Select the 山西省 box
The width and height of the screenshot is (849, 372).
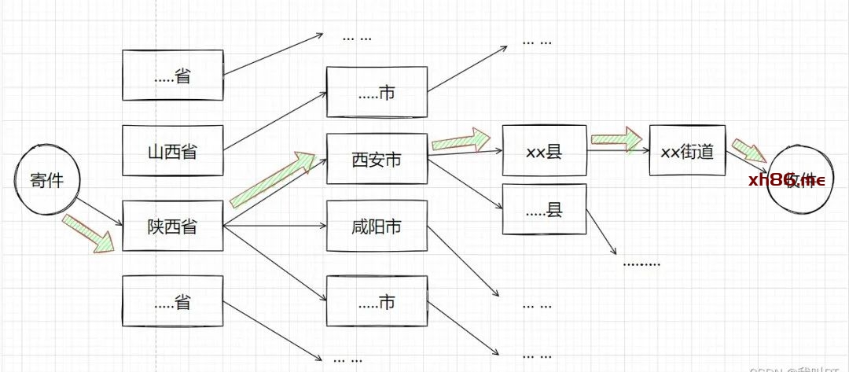click(x=173, y=150)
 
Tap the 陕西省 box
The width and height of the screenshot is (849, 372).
click(x=173, y=227)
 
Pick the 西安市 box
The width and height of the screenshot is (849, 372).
click(x=377, y=159)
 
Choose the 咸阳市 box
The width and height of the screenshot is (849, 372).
click(x=377, y=227)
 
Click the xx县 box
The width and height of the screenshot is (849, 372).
click(x=544, y=151)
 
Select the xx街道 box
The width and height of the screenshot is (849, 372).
click(x=687, y=150)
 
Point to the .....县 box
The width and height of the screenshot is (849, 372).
click(x=544, y=208)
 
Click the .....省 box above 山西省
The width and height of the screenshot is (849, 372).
click(x=173, y=76)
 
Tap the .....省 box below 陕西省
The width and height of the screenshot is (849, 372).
click(x=173, y=300)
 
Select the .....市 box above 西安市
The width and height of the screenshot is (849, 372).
click(x=377, y=93)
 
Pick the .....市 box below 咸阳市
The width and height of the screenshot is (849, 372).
click(x=377, y=300)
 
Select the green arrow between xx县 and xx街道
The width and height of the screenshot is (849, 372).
click(x=617, y=139)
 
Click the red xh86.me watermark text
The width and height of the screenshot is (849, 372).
click(x=786, y=180)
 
